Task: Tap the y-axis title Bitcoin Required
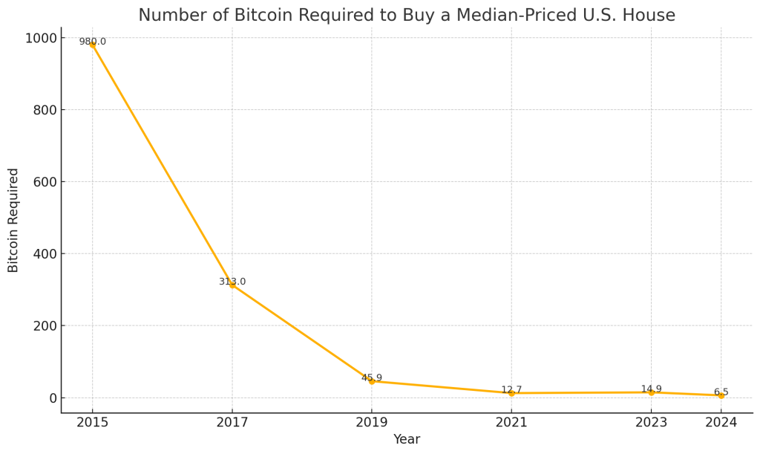[13, 220]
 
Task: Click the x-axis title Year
[407, 439]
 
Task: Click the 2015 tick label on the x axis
[93, 423]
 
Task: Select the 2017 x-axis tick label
[232, 423]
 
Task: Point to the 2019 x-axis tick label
[372, 423]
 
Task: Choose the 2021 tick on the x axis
[511, 423]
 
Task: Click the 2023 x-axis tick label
[651, 423]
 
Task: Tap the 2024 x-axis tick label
[721, 423]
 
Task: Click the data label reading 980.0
[93, 42]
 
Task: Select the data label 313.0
[232, 282]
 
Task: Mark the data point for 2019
[372, 381]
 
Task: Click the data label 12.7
[511, 389]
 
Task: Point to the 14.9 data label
[651, 389]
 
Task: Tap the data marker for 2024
[721, 395]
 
